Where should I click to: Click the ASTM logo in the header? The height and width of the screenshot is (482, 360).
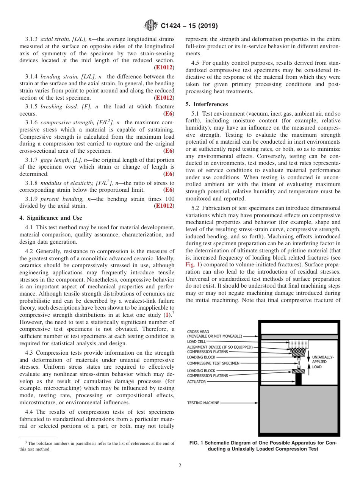[151, 26]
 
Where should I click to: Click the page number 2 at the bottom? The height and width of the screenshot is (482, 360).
[180, 466]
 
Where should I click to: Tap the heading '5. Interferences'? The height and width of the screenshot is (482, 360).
[207, 104]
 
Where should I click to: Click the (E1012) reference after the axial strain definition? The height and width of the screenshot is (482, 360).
[164, 67]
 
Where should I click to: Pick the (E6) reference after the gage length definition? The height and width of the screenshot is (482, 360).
[169, 174]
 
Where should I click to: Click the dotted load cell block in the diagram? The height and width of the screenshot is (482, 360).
[298, 344]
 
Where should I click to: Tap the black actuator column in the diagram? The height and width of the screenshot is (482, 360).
[298, 379]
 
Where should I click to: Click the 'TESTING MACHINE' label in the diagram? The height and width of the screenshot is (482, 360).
[203, 403]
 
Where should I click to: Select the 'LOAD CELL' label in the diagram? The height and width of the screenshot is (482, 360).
[196, 342]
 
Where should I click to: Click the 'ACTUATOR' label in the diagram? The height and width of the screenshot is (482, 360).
[196, 382]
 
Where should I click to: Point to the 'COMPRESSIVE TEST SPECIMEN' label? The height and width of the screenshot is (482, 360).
[213, 363]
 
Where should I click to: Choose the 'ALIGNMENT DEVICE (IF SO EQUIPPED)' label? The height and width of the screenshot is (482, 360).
[220, 347]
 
